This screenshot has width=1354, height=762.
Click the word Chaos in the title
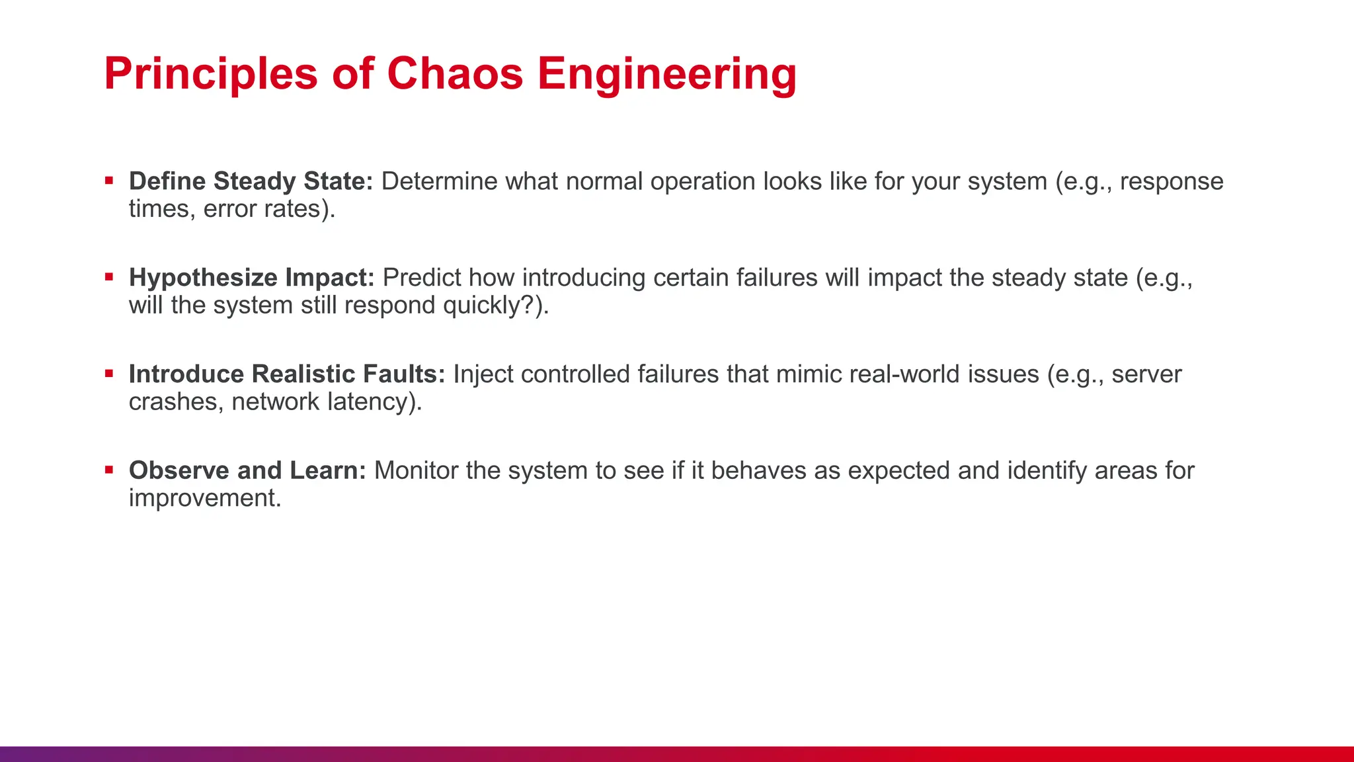point(455,73)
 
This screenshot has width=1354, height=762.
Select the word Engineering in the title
point(667,73)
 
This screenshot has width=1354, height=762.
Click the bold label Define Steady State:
point(251,181)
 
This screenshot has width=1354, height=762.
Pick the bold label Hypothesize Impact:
point(252,278)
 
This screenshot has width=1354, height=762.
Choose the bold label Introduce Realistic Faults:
point(287,374)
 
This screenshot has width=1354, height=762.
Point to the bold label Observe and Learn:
point(247,470)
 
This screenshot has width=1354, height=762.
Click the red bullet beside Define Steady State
point(109,181)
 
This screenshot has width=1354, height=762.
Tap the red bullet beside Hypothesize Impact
point(109,277)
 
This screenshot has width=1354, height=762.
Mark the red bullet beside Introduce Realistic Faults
point(109,374)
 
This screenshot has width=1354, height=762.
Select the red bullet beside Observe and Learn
point(109,470)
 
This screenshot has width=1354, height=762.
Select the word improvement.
point(205,498)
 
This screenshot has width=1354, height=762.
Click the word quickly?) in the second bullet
point(496,306)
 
